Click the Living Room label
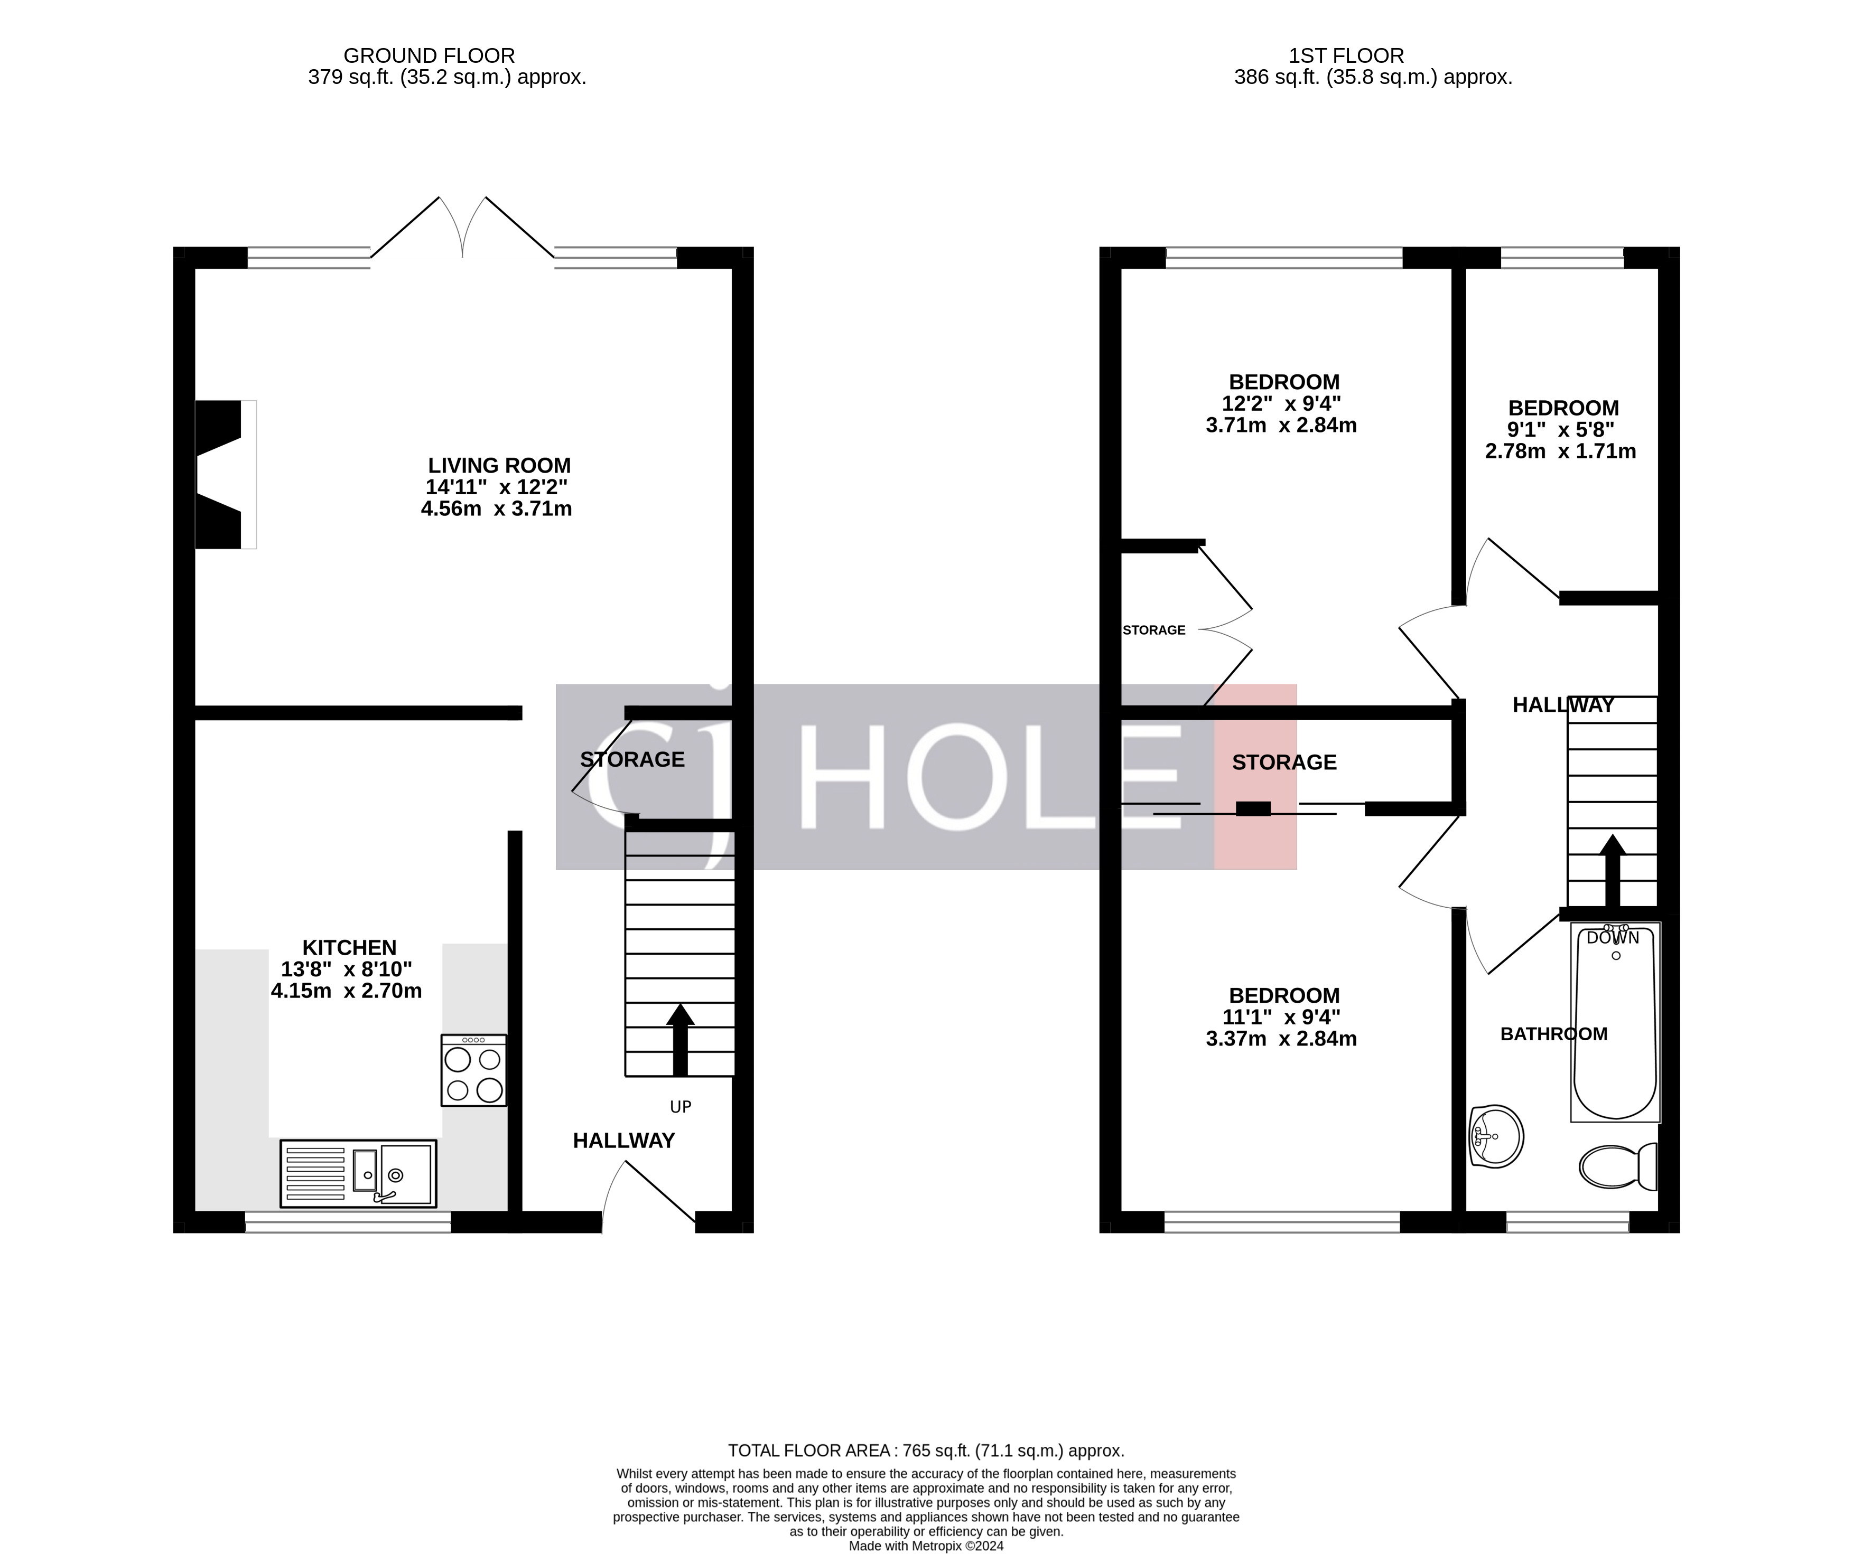[499, 466]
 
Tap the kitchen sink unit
[358, 1173]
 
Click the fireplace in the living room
[221, 475]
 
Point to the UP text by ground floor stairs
[681, 1107]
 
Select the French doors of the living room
[462, 228]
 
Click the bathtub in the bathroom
[1616, 1023]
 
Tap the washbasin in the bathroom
[1496, 1137]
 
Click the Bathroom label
[1554, 1034]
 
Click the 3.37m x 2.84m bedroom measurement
[1281, 1039]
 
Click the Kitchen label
[349, 947]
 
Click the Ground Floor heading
[429, 55]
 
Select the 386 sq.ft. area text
[1373, 78]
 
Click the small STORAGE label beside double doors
[1153, 630]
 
